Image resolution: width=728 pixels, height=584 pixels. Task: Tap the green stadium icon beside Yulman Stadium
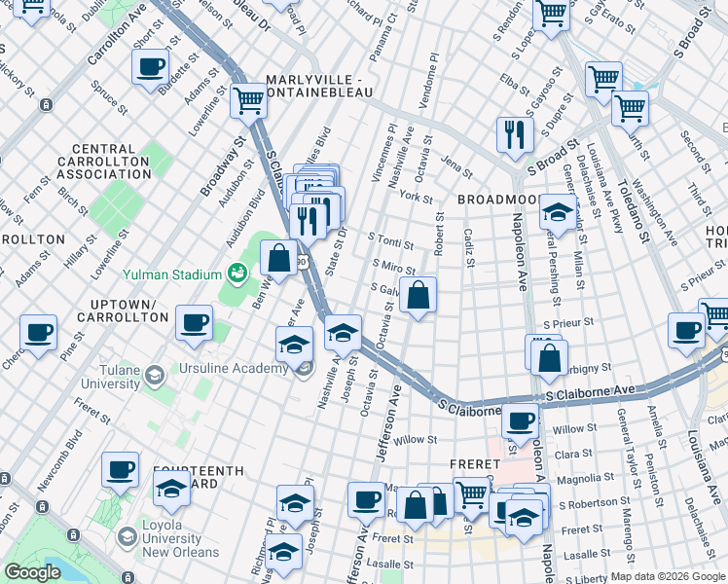click(235, 272)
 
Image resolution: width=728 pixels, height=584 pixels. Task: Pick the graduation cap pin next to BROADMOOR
click(557, 211)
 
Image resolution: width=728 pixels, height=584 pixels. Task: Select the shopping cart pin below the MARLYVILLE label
click(249, 98)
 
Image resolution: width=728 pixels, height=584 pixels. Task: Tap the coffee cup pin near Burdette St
click(151, 66)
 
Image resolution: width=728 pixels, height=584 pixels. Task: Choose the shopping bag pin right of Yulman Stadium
click(279, 259)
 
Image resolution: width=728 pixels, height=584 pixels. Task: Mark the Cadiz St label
click(468, 251)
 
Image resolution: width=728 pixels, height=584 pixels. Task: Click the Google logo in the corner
click(33, 572)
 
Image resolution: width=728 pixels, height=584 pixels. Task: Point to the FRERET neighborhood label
click(472, 464)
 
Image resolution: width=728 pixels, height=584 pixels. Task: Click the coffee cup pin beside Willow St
click(520, 420)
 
